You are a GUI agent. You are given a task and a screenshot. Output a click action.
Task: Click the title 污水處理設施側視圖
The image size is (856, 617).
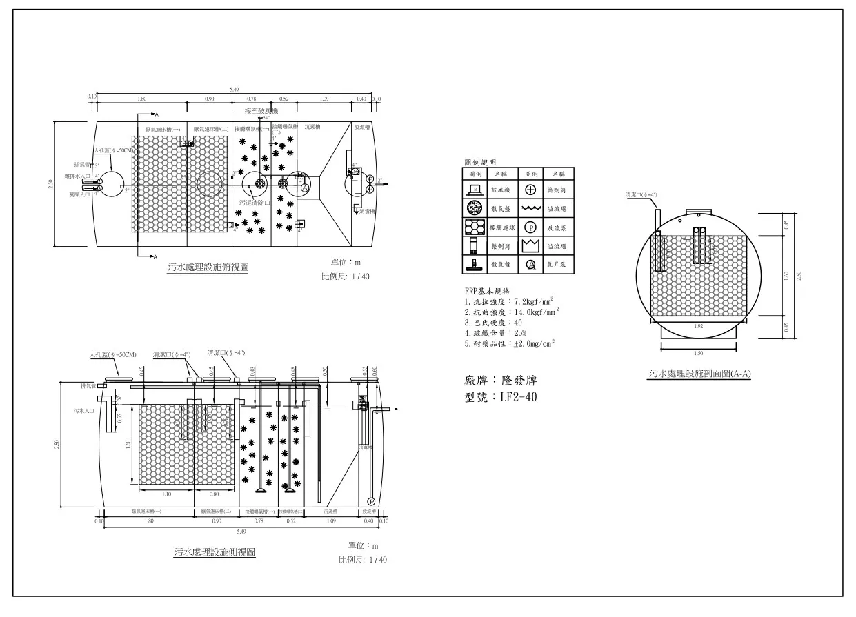[x=215, y=552]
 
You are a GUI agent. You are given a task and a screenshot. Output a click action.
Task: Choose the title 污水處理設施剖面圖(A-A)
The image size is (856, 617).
[x=699, y=374]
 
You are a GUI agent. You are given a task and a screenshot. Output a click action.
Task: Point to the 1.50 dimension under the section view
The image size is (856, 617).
[x=699, y=352]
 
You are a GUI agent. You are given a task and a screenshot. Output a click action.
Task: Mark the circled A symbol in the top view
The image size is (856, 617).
[x=304, y=188]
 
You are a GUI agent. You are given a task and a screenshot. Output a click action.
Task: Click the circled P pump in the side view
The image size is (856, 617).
[x=370, y=501]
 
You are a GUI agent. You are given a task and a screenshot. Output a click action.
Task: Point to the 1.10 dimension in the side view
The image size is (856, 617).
[x=166, y=494]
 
